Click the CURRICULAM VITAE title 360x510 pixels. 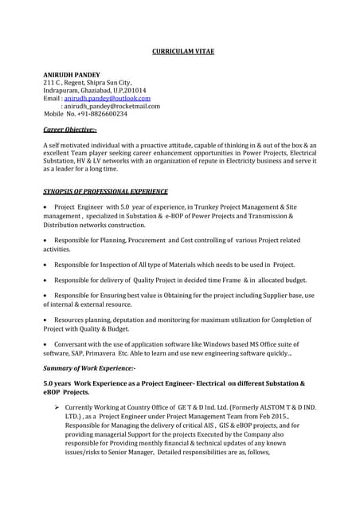tap(182, 52)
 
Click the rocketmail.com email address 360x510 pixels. tap(112, 106)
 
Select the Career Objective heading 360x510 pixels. tap(69, 129)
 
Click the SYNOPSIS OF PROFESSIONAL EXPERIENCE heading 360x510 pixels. tap(105, 191)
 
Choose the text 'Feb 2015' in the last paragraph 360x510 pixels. tap(299, 415)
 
